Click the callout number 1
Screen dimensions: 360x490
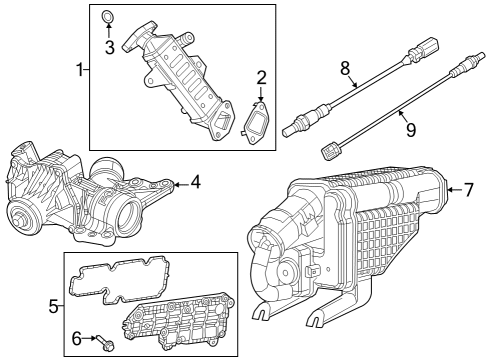[x=81, y=71]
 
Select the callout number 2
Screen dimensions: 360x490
[x=261, y=77]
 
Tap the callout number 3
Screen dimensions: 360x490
[x=110, y=46]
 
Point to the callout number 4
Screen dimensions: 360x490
[x=196, y=183]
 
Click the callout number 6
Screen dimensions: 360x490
[x=77, y=340]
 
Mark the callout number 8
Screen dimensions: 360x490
[x=344, y=70]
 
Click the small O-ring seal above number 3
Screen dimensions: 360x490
[x=109, y=17]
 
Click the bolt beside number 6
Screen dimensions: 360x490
[x=106, y=347]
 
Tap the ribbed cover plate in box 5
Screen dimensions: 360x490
[x=179, y=320]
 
